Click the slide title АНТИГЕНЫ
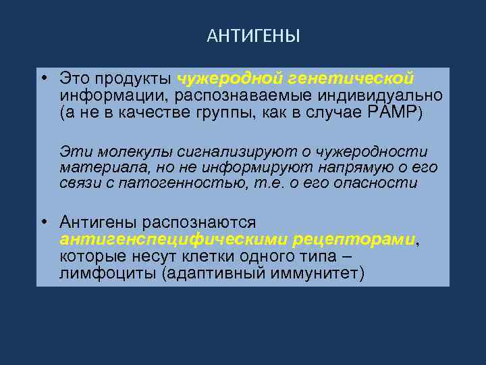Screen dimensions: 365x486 point(253,35)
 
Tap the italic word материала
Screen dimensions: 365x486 point(96,167)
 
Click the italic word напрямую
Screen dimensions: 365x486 point(348,167)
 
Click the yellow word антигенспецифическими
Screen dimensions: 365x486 point(174,239)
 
